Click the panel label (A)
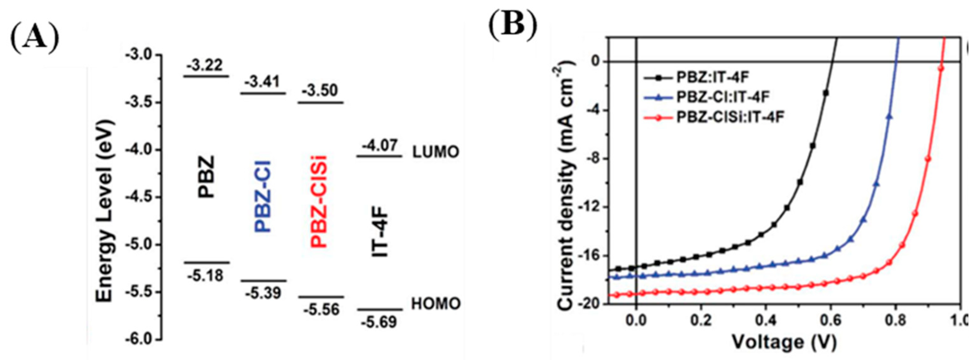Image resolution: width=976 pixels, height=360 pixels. point(34,39)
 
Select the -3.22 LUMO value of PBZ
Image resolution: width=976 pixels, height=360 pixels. point(205,65)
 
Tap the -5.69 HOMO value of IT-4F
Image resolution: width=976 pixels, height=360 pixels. point(379,322)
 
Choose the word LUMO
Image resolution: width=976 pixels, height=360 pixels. point(436,152)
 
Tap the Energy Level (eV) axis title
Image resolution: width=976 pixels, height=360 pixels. point(105,211)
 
